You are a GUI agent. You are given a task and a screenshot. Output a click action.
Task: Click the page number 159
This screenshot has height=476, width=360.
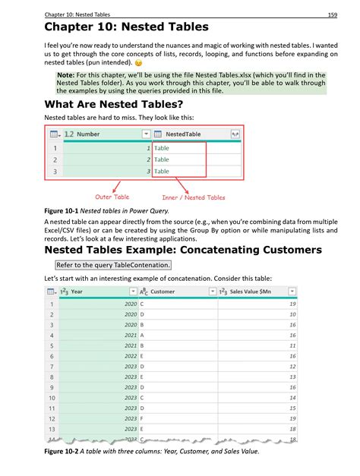coord(332,14)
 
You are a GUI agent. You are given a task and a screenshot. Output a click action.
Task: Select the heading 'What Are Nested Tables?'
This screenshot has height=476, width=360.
coord(114,104)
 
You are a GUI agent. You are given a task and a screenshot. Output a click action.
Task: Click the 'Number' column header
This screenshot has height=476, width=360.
coord(88,134)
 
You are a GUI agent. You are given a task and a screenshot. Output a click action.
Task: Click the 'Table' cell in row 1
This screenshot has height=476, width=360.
coord(162,148)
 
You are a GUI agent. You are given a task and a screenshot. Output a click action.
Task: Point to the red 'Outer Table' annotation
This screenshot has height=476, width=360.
coord(112,197)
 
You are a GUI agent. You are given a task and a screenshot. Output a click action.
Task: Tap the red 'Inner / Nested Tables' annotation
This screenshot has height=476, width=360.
coord(194,197)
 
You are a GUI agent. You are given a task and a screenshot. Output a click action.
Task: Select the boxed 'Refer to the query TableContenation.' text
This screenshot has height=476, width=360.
coord(113,265)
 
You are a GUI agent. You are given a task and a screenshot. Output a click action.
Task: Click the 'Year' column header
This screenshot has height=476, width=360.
coord(77,291)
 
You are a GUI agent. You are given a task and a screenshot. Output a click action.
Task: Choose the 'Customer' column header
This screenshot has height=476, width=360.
coord(163,291)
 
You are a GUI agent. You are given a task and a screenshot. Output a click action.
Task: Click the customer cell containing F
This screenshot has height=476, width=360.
coord(143,418)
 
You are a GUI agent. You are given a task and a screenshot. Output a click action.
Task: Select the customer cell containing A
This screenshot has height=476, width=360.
coord(143,335)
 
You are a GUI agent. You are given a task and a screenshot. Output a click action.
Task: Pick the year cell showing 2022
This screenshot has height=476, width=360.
coord(130,355)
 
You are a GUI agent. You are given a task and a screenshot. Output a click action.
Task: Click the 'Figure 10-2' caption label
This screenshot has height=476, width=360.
coord(66,452)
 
